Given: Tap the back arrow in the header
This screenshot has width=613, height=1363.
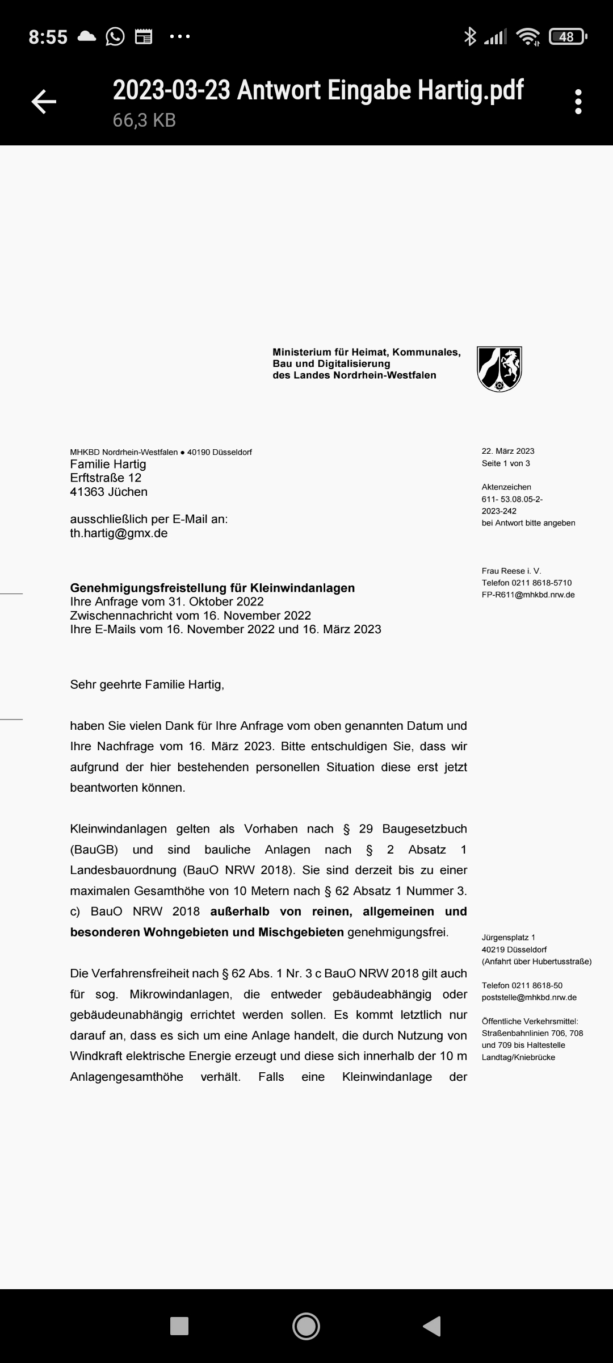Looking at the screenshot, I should point(44,102).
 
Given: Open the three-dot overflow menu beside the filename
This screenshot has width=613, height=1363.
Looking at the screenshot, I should point(578,102).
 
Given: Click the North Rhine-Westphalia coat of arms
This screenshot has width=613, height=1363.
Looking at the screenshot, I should point(499,369).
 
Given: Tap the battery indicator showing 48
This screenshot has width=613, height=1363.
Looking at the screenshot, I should point(568,37).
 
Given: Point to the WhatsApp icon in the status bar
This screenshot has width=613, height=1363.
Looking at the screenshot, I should point(115,37).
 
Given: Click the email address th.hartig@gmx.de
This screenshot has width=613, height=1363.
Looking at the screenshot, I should point(119,533).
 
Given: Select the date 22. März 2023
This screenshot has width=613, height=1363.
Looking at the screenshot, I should point(508,451).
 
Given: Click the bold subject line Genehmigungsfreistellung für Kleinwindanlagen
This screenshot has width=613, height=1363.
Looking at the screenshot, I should point(212,588).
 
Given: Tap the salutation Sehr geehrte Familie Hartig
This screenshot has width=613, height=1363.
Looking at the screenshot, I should point(147,684).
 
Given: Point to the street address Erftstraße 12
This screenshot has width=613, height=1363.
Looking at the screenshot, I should point(106,478).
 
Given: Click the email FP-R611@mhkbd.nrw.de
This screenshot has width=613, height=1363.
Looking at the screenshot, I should point(528,595).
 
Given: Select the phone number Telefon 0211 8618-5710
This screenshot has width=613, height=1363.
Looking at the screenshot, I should point(527,583).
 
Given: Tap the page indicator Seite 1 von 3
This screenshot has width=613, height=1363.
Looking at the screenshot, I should point(506,463).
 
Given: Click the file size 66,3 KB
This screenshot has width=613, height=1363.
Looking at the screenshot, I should point(144,120).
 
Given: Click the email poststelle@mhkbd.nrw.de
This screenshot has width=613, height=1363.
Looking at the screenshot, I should point(529,997).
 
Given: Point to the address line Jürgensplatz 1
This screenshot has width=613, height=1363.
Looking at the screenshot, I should point(509,938).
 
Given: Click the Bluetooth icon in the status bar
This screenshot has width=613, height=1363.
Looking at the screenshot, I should point(469,37).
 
